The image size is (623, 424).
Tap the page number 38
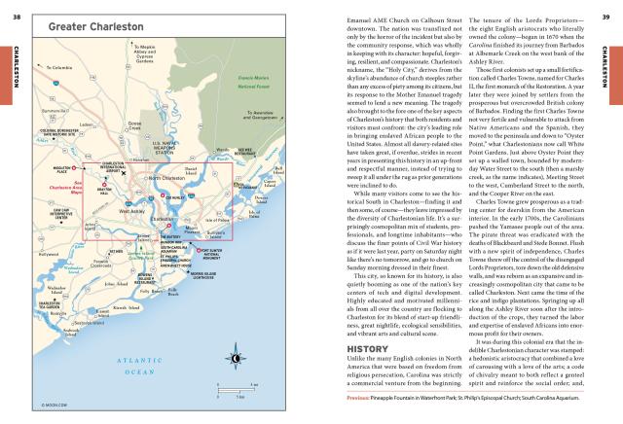coord(17,6)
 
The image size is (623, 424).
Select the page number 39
coord(605,6)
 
